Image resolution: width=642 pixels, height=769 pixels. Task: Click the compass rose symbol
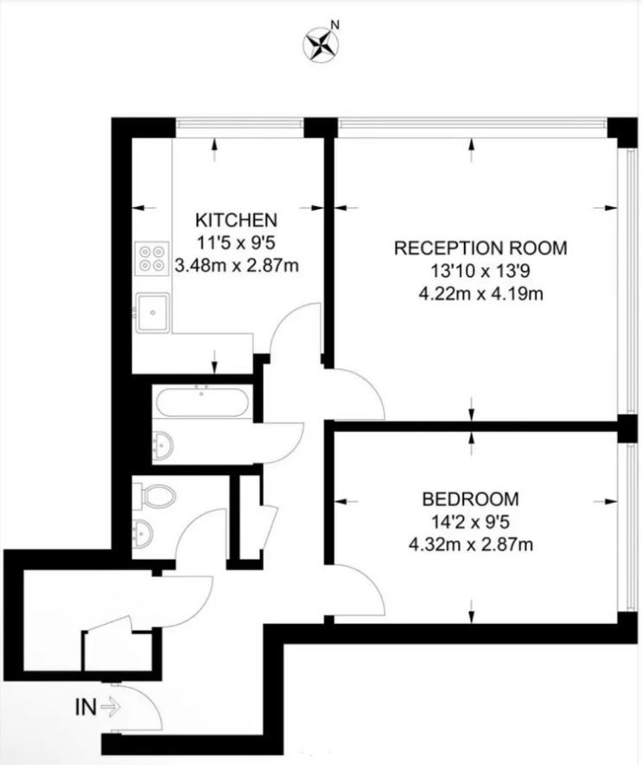tap(321, 44)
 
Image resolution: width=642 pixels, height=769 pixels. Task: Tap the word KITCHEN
tap(236, 219)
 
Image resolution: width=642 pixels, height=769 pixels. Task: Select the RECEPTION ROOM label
tap(480, 249)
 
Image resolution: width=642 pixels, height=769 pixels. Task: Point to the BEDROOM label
tap(470, 499)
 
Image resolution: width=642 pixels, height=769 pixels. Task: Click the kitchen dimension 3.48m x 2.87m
tap(237, 264)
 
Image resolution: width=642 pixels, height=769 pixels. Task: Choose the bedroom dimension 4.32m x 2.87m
tap(471, 544)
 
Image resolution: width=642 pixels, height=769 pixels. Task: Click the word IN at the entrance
tap(85, 708)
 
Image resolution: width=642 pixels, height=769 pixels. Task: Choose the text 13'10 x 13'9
tap(480, 270)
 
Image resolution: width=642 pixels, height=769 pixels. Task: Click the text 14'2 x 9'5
tap(471, 521)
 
